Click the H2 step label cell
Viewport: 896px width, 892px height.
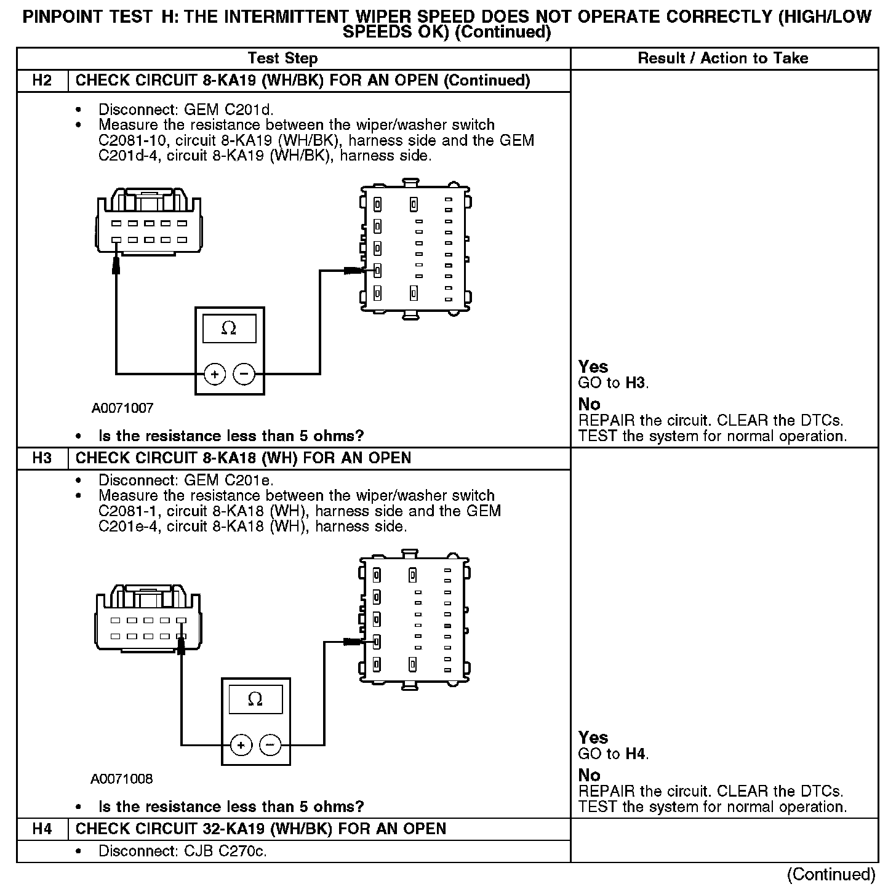click(x=42, y=81)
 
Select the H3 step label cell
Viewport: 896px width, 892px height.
click(x=42, y=458)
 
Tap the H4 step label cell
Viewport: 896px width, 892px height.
click(x=42, y=829)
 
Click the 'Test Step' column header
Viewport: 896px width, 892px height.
click(x=282, y=58)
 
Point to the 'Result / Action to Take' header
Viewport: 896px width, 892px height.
click(x=723, y=58)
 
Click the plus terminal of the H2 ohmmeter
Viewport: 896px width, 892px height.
click(x=215, y=373)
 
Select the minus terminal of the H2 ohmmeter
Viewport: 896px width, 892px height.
click(x=244, y=373)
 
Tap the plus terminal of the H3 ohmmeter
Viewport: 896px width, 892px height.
click(x=241, y=745)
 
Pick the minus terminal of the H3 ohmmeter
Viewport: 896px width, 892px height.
click(x=270, y=745)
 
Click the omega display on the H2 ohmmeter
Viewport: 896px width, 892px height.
click(x=229, y=329)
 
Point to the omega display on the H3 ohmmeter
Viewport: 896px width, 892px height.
click(x=255, y=699)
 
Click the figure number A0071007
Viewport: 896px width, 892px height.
click(x=122, y=408)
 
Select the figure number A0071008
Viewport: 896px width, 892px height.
click(x=122, y=779)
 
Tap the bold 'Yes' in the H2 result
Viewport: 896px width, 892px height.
click(x=593, y=367)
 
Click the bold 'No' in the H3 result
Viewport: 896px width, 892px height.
click(x=589, y=775)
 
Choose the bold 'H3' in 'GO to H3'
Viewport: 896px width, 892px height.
click(x=636, y=383)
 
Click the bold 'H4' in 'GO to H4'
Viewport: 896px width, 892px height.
click(x=636, y=754)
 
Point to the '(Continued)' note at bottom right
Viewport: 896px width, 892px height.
click(x=831, y=874)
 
